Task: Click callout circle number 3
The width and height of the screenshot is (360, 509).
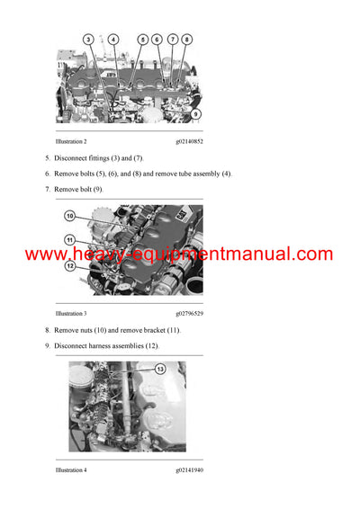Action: [x=88, y=40]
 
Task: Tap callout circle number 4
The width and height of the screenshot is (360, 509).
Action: [x=112, y=40]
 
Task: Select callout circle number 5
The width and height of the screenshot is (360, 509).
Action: [x=142, y=40]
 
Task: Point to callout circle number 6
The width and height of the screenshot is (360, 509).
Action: [x=157, y=40]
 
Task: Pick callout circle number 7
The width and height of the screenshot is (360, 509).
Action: [x=172, y=40]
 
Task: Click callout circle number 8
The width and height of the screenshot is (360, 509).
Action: [x=186, y=40]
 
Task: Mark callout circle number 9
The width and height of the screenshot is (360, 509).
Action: [x=195, y=114]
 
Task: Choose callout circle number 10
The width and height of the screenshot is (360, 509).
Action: [x=69, y=216]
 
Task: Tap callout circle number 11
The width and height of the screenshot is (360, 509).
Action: [x=69, y=239]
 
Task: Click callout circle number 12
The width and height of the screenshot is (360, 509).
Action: [x=69, y=265]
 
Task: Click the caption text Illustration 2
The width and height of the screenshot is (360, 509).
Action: [x=71, y=142]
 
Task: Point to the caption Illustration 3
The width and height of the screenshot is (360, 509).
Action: [x=71, y=313]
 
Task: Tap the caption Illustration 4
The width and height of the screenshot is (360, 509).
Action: [x=71, y=470]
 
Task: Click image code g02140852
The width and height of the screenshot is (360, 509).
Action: [x=189, y=142]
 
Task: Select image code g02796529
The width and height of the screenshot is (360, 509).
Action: [x=189, y=313]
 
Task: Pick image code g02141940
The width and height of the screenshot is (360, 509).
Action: [x=189, y=470]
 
